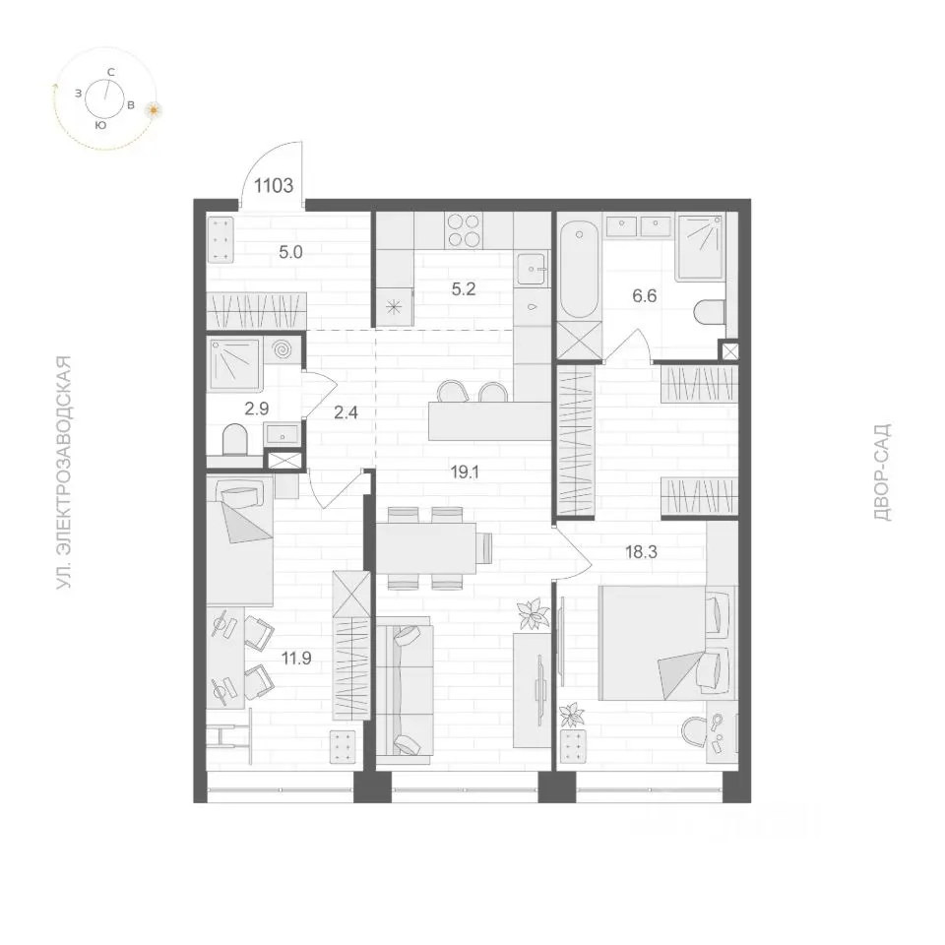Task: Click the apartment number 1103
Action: coord(274,186)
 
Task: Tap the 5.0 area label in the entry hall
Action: coord(290,253)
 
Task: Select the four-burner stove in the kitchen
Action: coord(464,230)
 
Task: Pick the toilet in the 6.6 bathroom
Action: coord(710,312)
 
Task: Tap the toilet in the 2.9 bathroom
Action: coord(235,439)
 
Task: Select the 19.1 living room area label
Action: coord(465,472)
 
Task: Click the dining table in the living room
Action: coord(426,547)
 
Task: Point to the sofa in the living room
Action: coord(405,689)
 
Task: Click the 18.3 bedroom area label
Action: coord(641,552)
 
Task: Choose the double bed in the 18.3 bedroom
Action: coord(667,643)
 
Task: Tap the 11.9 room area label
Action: coord(296,659)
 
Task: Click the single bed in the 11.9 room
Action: coord(240,539)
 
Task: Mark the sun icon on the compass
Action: coord(155,109)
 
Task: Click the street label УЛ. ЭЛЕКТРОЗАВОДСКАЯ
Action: coord(64,472)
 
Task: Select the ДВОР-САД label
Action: coord(881,472)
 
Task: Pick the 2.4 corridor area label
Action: coord(346,412)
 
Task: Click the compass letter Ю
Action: coord(101,125)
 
